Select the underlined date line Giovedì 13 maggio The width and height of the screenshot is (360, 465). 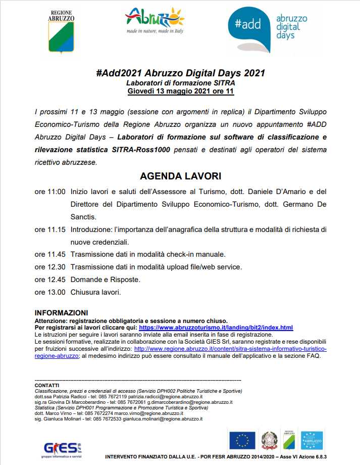click(x=180, y=91)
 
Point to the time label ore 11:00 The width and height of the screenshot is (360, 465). click(x=50, y=192)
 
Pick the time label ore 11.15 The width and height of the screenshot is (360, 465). click(x=50, y=229)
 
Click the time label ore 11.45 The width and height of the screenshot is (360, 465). click(x=50, y=254)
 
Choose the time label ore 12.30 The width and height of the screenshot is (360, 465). click(x=50, y=267)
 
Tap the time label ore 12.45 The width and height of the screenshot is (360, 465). click(x=50, y=280)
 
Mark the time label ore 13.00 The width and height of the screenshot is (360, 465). click(x=50, y=292)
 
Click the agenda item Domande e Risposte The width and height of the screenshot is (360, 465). click(x=106, y=280)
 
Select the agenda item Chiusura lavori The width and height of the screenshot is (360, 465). click(x=96, y=292)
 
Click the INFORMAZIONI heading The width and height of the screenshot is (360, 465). click(x=61, y=313)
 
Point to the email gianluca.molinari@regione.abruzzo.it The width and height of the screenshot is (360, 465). click(x=162, y=419)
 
